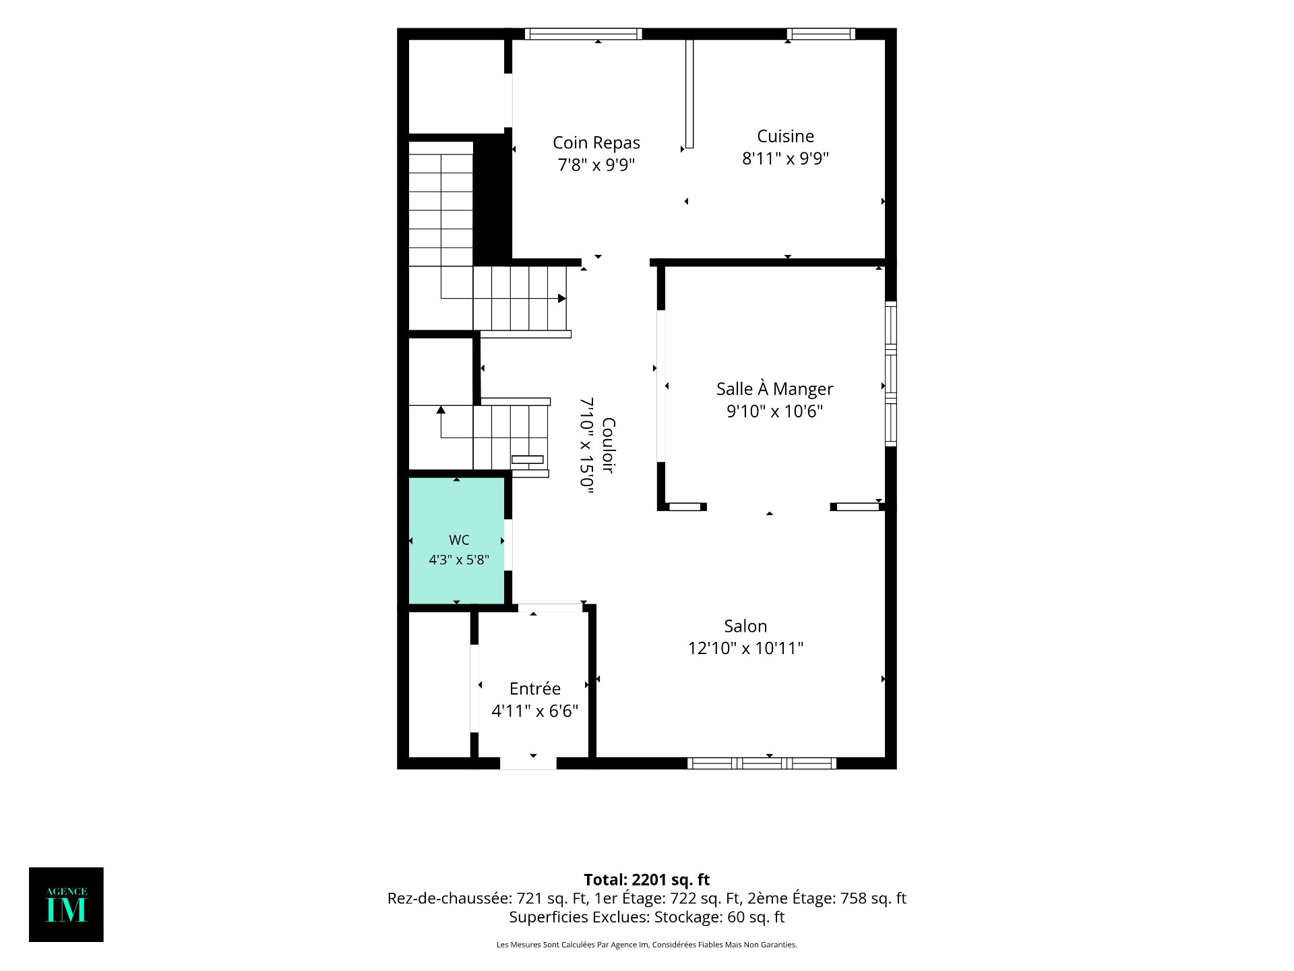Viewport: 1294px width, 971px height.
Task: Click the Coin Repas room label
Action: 596,143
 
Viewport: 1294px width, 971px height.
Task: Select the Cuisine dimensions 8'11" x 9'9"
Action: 785,158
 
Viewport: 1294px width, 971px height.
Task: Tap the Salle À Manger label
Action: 774,389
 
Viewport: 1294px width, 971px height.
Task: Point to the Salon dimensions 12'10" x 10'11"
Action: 745,648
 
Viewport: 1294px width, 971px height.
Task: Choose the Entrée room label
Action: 535,688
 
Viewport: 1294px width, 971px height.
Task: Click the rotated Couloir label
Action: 608,445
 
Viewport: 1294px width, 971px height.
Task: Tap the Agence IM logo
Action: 66,904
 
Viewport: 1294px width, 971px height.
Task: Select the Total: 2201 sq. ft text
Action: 647,880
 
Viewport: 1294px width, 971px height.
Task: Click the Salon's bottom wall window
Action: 762,763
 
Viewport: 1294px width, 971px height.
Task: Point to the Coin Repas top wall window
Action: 584,34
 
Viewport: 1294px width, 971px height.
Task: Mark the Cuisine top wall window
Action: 821,34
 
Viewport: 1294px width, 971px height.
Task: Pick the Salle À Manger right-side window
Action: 891,374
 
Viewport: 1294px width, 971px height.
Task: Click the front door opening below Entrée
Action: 528,763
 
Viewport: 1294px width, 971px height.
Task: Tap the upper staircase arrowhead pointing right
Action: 562,298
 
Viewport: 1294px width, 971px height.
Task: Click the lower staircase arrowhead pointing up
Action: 441,409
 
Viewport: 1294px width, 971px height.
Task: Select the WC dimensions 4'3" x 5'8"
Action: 459,560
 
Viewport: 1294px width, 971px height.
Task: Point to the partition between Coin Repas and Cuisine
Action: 689,94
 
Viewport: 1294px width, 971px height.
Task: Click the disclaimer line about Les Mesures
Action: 647,945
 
